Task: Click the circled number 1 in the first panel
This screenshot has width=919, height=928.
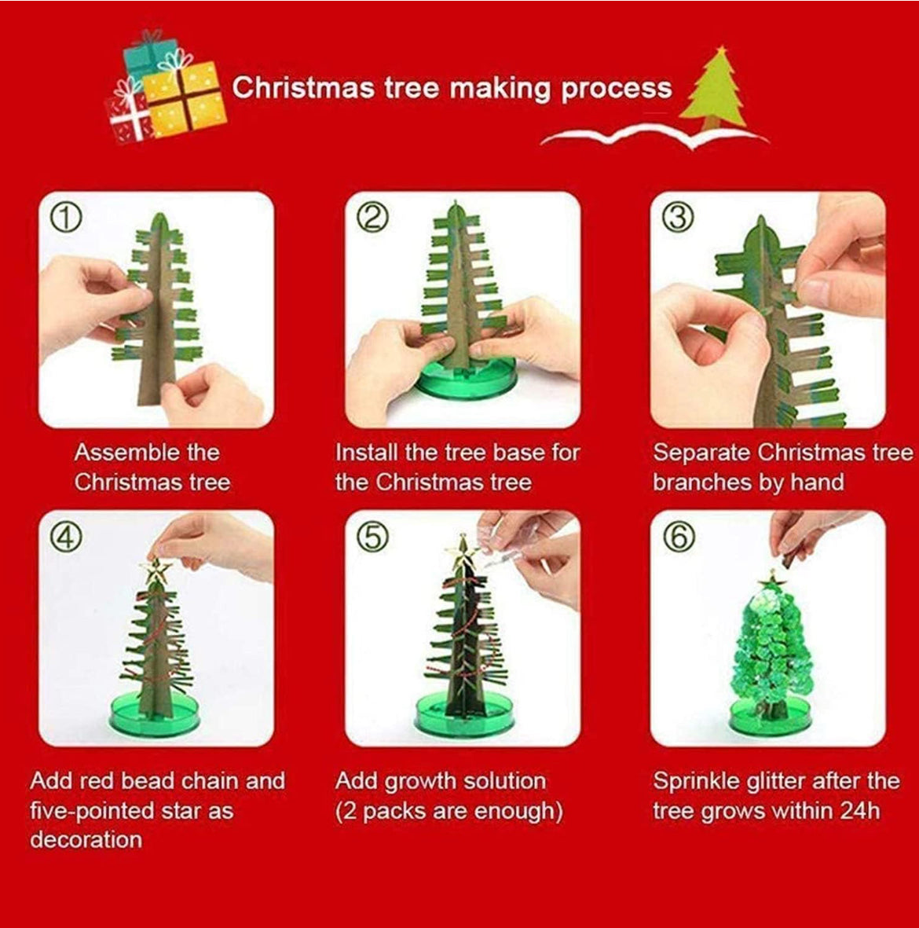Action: click(66, 218)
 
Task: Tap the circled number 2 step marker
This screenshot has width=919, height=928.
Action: click(372, 218)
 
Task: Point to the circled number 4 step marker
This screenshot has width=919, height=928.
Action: click(66, 537)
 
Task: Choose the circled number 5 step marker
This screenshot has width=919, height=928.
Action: click(372, 537)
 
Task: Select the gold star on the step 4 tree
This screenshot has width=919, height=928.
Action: click(155, 570)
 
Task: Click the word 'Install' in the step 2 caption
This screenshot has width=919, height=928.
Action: click(367, 453)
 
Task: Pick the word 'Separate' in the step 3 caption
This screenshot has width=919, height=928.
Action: click(701, 453)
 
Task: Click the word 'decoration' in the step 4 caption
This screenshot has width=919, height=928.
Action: click(86, 839)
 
